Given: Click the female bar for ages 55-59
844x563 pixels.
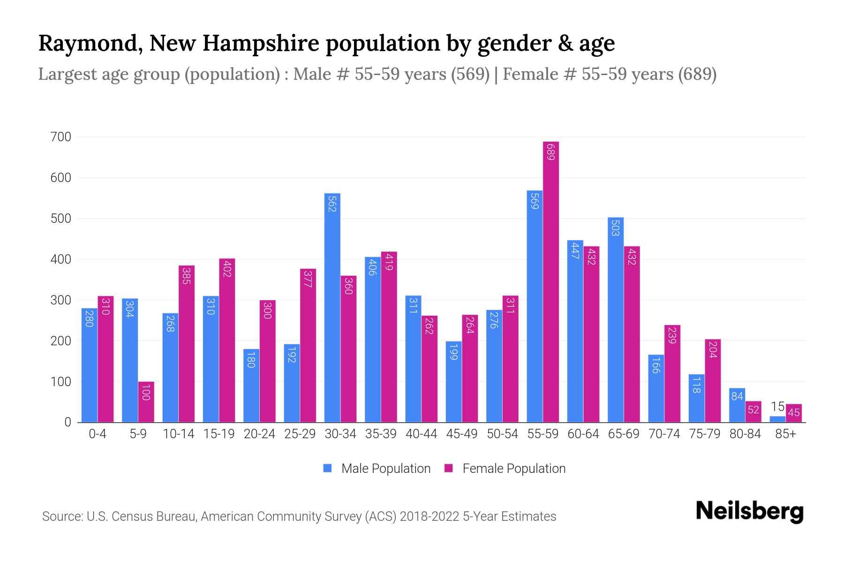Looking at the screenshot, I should (551, 281).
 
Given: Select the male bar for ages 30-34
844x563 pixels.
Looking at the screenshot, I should (332, 307).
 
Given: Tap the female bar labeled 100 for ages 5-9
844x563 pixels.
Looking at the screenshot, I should (146, 402).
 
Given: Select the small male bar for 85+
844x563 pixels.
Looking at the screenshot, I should (777, 419).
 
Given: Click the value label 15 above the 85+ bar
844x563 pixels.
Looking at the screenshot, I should (777, 407).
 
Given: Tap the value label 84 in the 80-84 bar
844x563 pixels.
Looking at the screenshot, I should (737, 396).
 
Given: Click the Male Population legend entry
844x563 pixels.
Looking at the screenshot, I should (377, 469).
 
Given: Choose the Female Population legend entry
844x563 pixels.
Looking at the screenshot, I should (505, 469).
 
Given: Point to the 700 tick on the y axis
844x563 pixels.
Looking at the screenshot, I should (61, 137).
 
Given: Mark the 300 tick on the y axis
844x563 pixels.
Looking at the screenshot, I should (61, 300).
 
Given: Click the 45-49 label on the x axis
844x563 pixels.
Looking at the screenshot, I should (462, 434).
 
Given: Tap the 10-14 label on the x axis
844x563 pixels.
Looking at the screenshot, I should (178, 434).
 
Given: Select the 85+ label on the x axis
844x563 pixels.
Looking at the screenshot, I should (785, 434).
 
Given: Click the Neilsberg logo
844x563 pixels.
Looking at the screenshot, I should (749, 511).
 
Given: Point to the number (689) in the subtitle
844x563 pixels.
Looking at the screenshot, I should (697, 74).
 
